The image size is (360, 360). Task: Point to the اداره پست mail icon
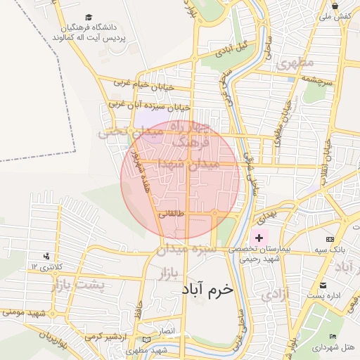[x=323, y=285]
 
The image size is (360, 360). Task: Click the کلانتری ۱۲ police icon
[x=46, y=256]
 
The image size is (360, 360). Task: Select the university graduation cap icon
[x=89, y=17]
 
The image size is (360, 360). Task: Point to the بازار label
[x=170, y=271]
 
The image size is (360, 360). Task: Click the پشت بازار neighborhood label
[x=77, y=285]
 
